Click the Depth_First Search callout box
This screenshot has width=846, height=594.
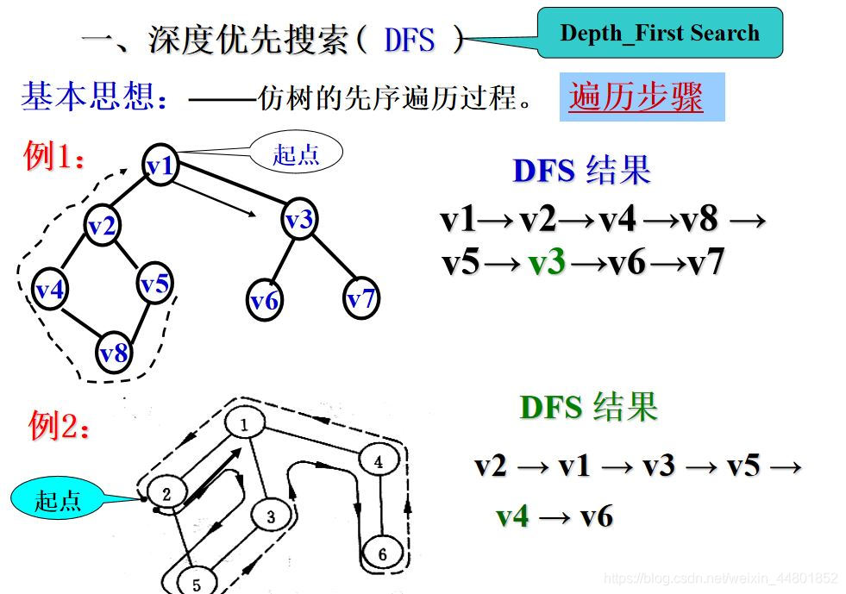point(660,34)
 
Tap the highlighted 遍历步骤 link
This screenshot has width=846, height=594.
point(637,97)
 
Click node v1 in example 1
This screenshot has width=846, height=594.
point(160,165)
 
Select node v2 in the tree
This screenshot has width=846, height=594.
point(103,226)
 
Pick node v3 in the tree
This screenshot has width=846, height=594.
point(298,220)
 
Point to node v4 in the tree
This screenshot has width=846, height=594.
point(50,290)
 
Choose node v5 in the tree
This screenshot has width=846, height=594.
point(155,283)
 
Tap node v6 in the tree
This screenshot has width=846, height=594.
point(265,300)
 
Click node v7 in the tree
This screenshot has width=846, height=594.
point(361,298)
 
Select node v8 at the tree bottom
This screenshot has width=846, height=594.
point(114,352)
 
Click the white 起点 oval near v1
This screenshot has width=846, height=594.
point(296,154)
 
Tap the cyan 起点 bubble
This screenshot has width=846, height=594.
point(59,500)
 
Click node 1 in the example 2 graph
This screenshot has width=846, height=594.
point(244,424)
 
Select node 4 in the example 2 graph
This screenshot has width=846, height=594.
point(378,461)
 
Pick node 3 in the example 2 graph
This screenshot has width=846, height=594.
point(270,517)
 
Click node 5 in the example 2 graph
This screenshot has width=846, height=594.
point(196,584)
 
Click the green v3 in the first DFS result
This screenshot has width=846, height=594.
point(546,262)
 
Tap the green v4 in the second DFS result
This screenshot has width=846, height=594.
point(512,516)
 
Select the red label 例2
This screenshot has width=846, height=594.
point(59,425)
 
